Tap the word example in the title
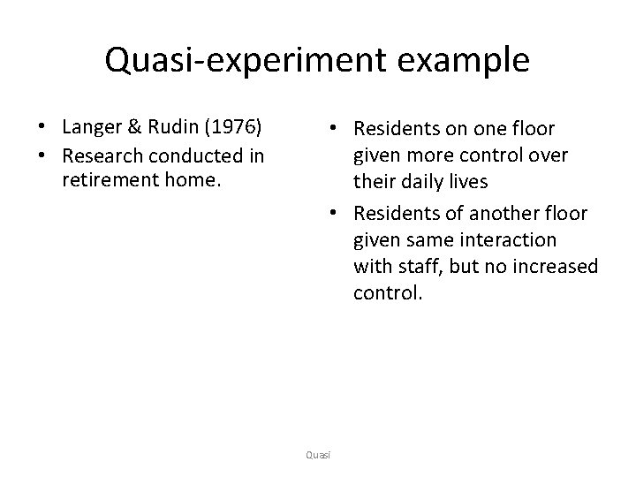click(459, 60)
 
